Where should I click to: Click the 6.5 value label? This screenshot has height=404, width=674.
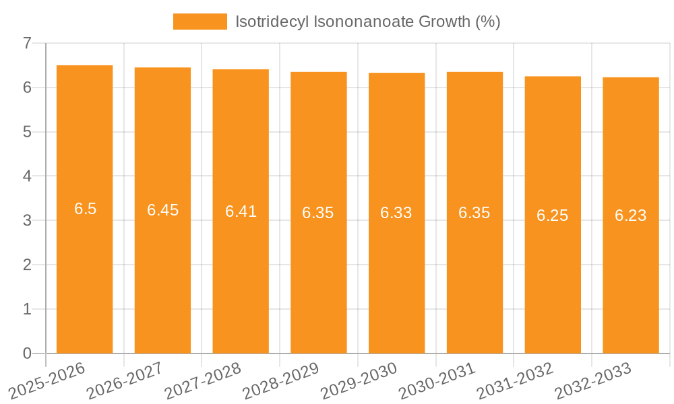point(86,209)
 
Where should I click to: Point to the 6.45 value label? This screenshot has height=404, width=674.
point(163,210)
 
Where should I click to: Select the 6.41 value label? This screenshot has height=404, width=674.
point(241,211)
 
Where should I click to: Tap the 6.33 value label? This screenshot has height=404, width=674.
point(396,213)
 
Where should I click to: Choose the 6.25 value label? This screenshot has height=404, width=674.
point(553,215)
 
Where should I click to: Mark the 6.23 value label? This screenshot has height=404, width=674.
point(630,215)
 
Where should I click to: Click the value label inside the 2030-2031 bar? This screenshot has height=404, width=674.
point(474,213)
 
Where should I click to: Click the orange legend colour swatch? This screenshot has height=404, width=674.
point(200,22)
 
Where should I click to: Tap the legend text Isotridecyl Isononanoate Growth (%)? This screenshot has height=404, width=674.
point(367,22)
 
